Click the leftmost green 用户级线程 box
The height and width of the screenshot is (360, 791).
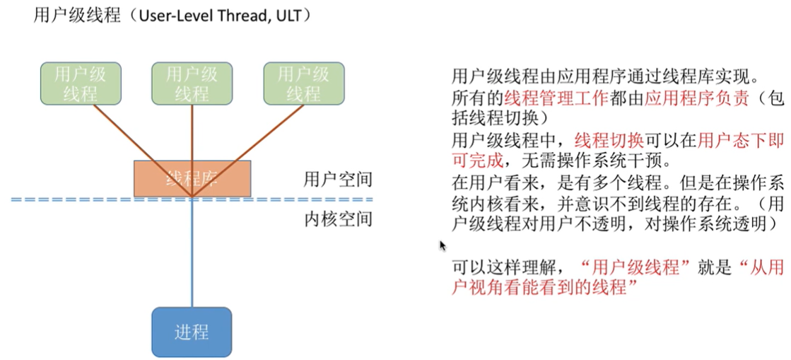pos(80,83)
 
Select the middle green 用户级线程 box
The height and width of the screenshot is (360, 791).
pos(192,83)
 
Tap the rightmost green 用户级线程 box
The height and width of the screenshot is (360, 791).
pos(303,83)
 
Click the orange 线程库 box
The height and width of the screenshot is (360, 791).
pos(192,178)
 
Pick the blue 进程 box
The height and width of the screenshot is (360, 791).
pos(192,331)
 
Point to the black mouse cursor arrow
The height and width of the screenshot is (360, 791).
pos(443,245)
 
